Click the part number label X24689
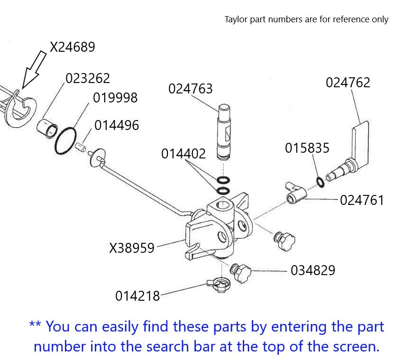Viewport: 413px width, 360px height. pos(73,47)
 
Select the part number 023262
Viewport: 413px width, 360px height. pos(88,78)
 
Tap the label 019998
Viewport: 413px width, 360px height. pos(115,98)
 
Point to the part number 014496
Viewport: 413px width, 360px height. pos(117,125)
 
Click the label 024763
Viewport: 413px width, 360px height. pos(190,89)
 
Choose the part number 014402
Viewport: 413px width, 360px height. pos(184,154)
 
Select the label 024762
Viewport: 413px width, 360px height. pos(348,83)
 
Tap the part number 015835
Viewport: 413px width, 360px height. pos(307,148)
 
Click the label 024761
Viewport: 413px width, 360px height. pos(362,200)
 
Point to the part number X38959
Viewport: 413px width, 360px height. pos(132,248)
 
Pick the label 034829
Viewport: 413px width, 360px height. pos(312,270)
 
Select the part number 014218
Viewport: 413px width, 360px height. pos(138,295)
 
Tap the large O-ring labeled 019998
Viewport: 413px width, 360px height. pos(65,140)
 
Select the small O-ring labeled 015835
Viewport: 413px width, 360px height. pos(321,182)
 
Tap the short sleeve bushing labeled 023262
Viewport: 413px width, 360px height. pos(47,128)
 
